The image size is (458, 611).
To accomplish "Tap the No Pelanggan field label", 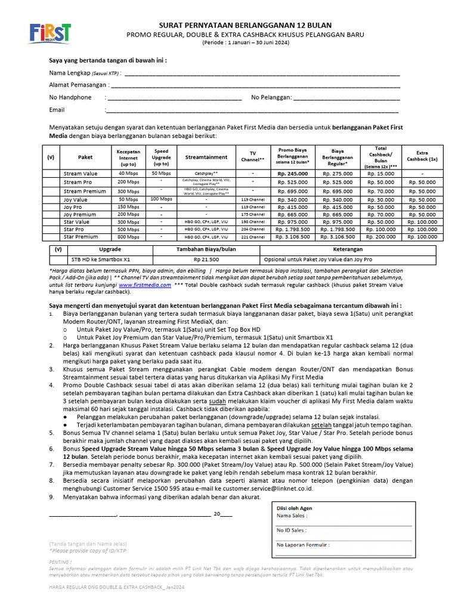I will (x=271, y=97).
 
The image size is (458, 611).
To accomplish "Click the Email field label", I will (x=57, y=110).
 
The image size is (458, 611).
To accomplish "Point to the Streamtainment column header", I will (x=206, y=157).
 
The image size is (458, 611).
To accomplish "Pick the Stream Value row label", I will (x=81, y=173).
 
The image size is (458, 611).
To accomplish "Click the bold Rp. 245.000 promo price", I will (x=293, y=173).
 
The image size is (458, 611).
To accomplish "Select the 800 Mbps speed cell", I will (x=128, y=236).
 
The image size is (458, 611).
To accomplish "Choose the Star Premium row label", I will (x=82, y=236).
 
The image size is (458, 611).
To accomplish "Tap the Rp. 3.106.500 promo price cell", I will (x=293, y=236).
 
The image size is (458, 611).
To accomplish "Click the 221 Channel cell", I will (x=253, y=236).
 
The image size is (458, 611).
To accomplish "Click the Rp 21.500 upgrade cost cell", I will (x=206, y=260).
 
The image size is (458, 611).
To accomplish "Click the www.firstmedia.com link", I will (x=142, y=285).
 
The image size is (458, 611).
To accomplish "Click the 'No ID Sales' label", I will (x=292, y=530).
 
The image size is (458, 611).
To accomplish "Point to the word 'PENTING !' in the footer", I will (x=60, y=562).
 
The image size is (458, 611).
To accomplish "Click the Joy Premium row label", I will (x=80, y=214).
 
